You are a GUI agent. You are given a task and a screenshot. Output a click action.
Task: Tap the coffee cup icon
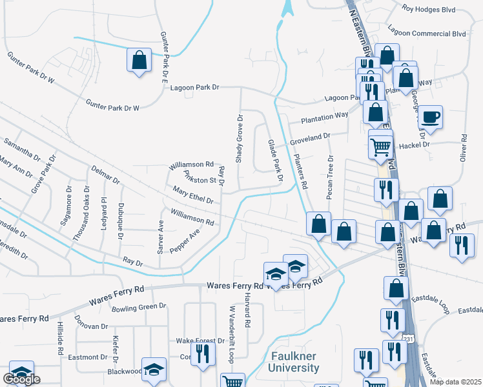(x=431, y=117)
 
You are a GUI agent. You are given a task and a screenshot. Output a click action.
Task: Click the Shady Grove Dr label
(x=239, y=139)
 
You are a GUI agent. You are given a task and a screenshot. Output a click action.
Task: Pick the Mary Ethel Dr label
(x=193, y=195)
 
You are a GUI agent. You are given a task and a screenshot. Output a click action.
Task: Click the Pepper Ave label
(x=185, y=241)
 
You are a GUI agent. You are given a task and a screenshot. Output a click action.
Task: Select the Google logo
(x=21, y=379)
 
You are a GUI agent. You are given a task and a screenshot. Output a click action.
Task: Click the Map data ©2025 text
(x=455, y=382)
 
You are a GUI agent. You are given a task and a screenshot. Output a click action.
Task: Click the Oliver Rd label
(x=463, y=148)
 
